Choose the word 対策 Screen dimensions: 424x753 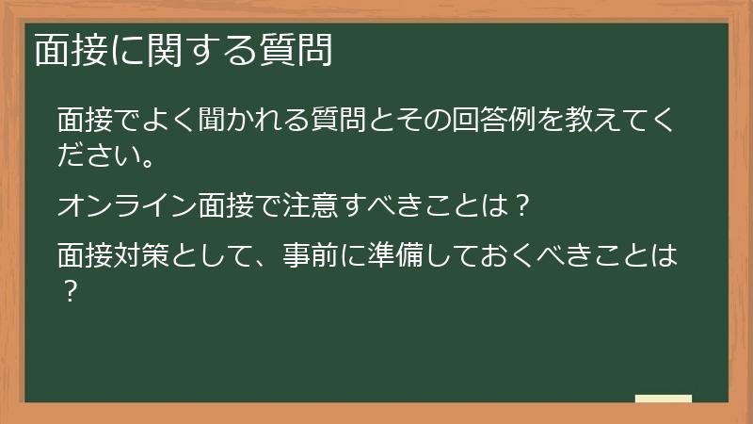pos(140,255)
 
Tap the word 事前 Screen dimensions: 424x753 pos(310,255)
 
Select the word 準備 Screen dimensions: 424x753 pos(394,255)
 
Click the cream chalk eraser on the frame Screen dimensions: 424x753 pos(663,399)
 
